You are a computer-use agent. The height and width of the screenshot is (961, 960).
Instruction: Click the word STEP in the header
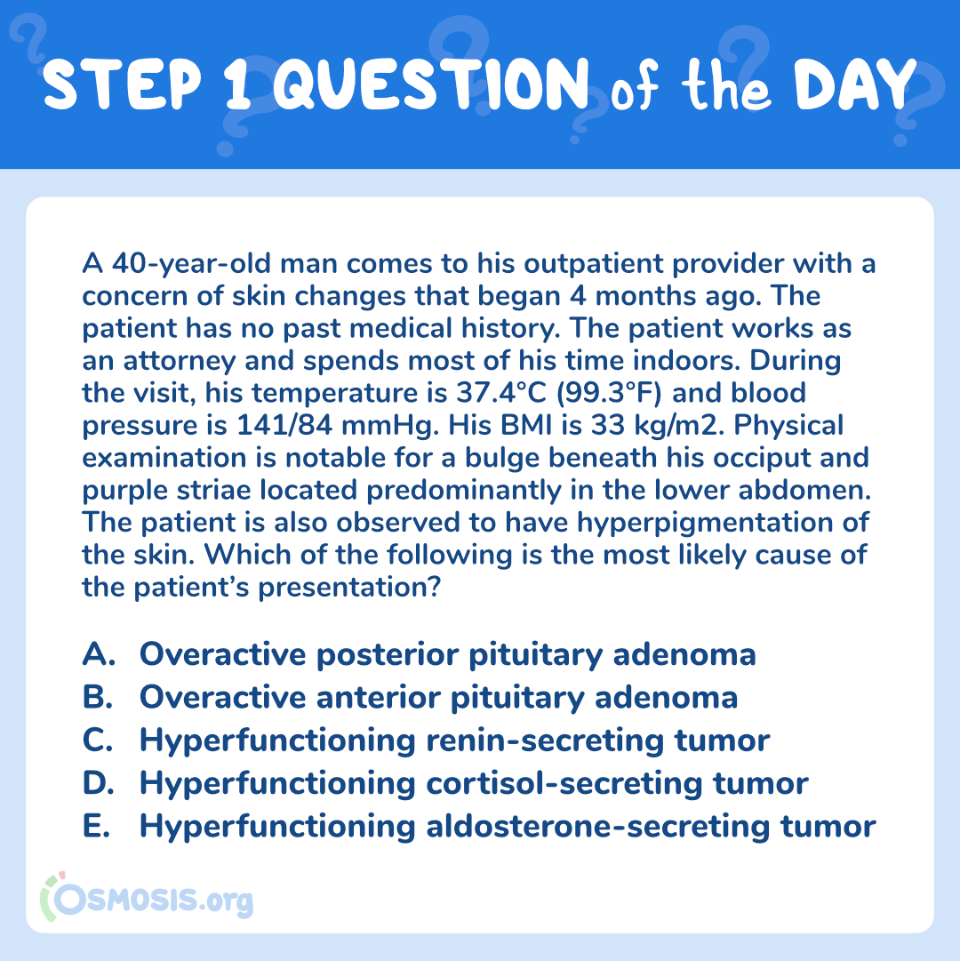click(x=122, y=84)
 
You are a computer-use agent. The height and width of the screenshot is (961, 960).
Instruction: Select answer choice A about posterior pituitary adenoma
click(x=419, y=655)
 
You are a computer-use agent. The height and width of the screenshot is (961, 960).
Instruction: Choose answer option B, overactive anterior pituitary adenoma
click(x=410, y=698)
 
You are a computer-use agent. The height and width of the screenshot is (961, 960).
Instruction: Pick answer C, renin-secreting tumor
click(x=426, y=741)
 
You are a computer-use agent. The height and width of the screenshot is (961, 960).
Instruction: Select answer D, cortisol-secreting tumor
click(x=445, y=784)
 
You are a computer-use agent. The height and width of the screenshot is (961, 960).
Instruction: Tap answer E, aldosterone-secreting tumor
click(x=479, y=827)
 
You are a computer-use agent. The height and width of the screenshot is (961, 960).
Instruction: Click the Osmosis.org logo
click(x=147, y=898)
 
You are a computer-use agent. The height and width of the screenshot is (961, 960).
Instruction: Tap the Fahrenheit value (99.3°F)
click(x=609, y=394)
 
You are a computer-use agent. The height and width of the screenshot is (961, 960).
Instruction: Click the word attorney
click(x=179, y=362)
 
